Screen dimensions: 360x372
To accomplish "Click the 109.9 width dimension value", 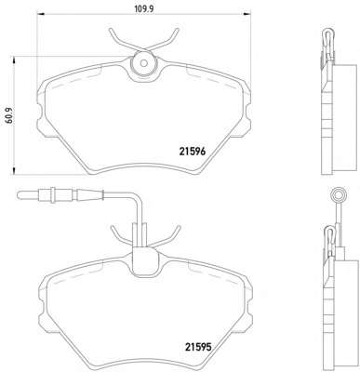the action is click(144, 8).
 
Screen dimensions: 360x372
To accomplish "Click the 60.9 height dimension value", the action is click(9, 115).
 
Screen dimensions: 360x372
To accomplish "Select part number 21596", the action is click(193, 152).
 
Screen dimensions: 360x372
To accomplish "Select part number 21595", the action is click(198, 346).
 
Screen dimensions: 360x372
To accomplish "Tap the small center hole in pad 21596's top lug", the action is click(143, 63).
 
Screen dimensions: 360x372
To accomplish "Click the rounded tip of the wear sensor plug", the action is click(20, 195).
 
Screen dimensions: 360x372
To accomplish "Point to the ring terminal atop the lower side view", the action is click(338, 195).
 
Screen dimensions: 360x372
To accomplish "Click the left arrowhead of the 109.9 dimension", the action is click(41, 14).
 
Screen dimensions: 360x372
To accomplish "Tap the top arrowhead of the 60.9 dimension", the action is click(14, 60).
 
